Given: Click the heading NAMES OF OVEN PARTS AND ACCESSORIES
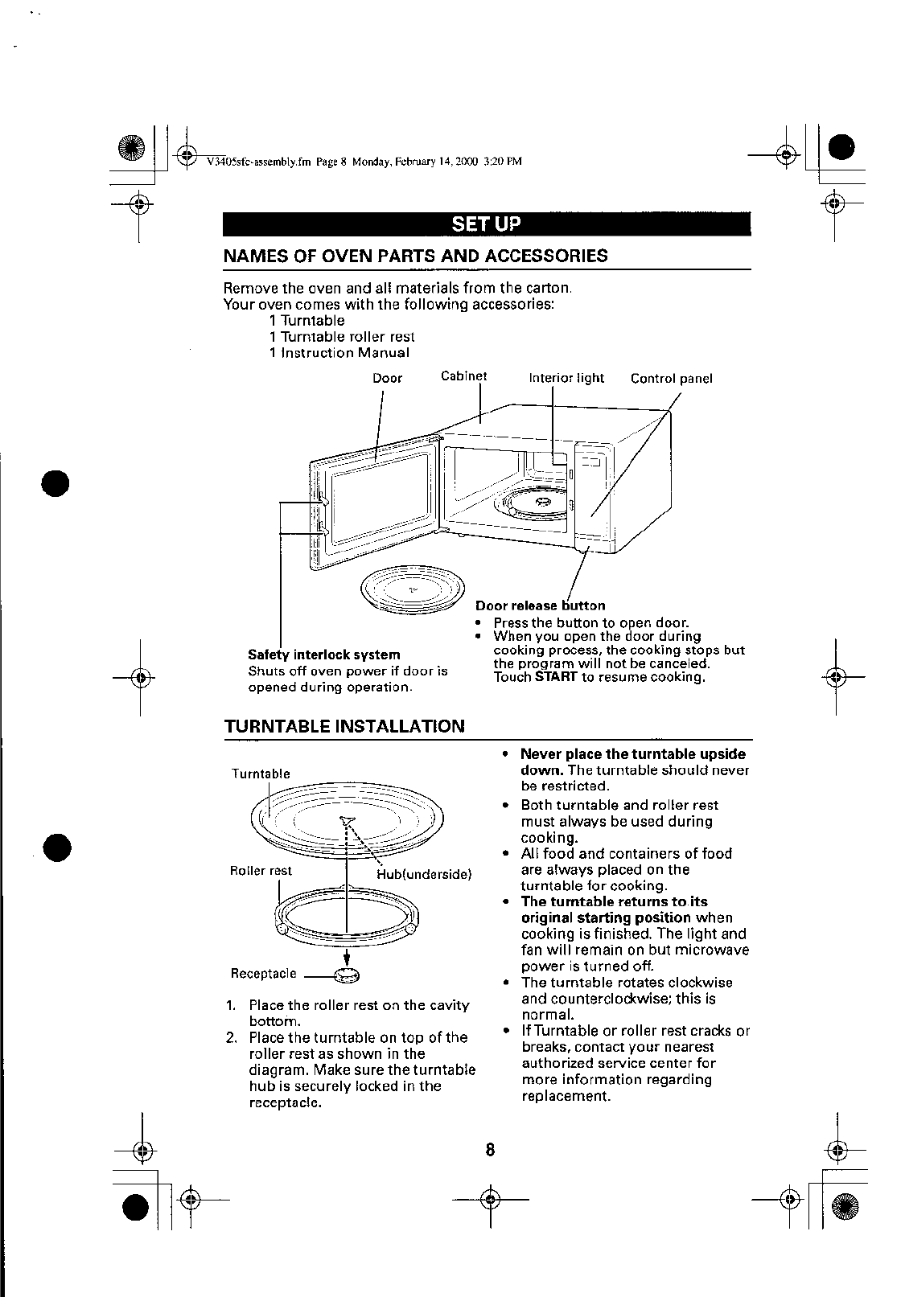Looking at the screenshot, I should (415, 257).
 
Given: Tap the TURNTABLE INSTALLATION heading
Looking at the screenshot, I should (344, 727).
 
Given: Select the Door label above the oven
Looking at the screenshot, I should (387, 379).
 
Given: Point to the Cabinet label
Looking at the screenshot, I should (464, 376).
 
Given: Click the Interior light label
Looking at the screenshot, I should (566, 379).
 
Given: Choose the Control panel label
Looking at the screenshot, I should (671, 379).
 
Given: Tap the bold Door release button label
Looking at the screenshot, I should (540, 605).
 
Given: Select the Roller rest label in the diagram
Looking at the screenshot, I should (261, 871).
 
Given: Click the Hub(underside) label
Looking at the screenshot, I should (424, 875).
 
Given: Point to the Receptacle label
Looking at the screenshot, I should (264, 974).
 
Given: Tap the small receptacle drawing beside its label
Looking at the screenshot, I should (347, 975).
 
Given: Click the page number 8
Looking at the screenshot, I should (489, 1150).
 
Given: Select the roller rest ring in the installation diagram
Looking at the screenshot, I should (347, 917).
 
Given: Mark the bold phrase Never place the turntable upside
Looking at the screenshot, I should (632, 754).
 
